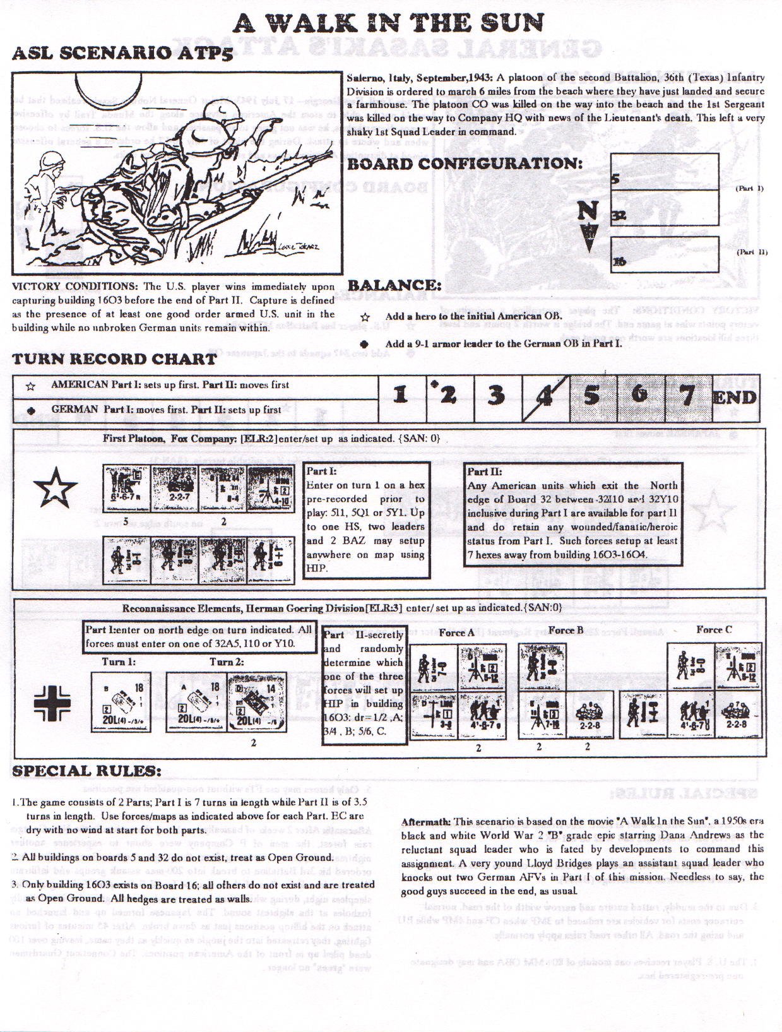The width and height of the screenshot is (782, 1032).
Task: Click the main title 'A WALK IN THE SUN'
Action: (x=388, y=23)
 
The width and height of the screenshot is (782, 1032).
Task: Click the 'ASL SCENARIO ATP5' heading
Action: (x=122, y=52)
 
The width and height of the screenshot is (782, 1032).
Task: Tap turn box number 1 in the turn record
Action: (x=400, y=396)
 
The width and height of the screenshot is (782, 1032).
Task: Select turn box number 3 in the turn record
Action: (x=497, y=396)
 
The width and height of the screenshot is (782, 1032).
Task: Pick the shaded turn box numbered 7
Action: (x=687, y=396)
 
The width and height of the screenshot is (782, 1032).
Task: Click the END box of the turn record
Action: (x=735, y=398)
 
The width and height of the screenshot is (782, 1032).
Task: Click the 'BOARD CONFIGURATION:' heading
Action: (x=465, y=164)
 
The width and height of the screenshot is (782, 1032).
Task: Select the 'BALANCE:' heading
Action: (x=394, y=285)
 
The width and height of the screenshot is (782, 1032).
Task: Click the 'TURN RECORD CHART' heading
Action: (x=115, y=359)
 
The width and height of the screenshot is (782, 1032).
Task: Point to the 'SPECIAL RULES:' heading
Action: (x=86, y=771)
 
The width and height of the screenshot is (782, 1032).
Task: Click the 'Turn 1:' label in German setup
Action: (x=119, y=662)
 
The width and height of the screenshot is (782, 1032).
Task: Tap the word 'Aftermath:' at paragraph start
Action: (x=425, y=822)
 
